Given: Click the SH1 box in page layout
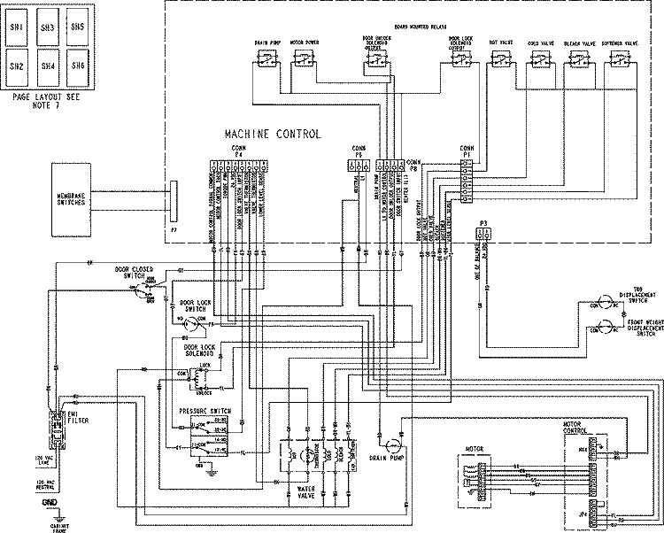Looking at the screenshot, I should coord(17,28).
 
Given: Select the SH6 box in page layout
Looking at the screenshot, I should coord(76,66).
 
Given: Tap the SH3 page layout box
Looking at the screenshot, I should coord(47,28).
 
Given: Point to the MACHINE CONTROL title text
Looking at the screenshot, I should coord(272,134).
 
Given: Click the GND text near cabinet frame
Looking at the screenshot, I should coord(50,501).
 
